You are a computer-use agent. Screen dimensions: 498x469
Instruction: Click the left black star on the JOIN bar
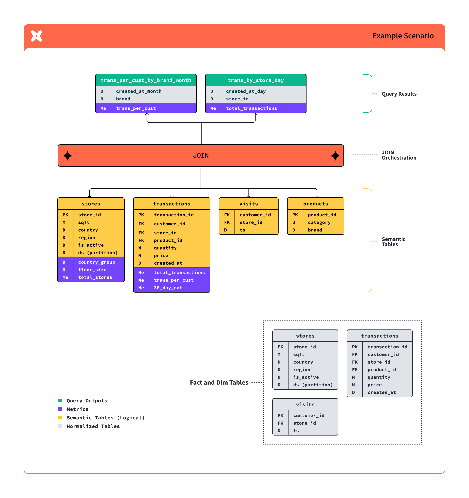pyautogui.click(x=67, y=156)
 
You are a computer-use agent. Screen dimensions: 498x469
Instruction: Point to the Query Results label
pyautogui.click(x=399, y=94)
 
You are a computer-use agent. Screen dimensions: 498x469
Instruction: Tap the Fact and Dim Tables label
pyautogui.click(x=219, y=382)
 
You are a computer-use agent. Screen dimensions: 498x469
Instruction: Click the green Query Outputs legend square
pyautogui.click(x=60, y=400)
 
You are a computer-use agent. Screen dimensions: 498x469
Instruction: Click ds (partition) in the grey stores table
pyautogui.click(x=313, y=385)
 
